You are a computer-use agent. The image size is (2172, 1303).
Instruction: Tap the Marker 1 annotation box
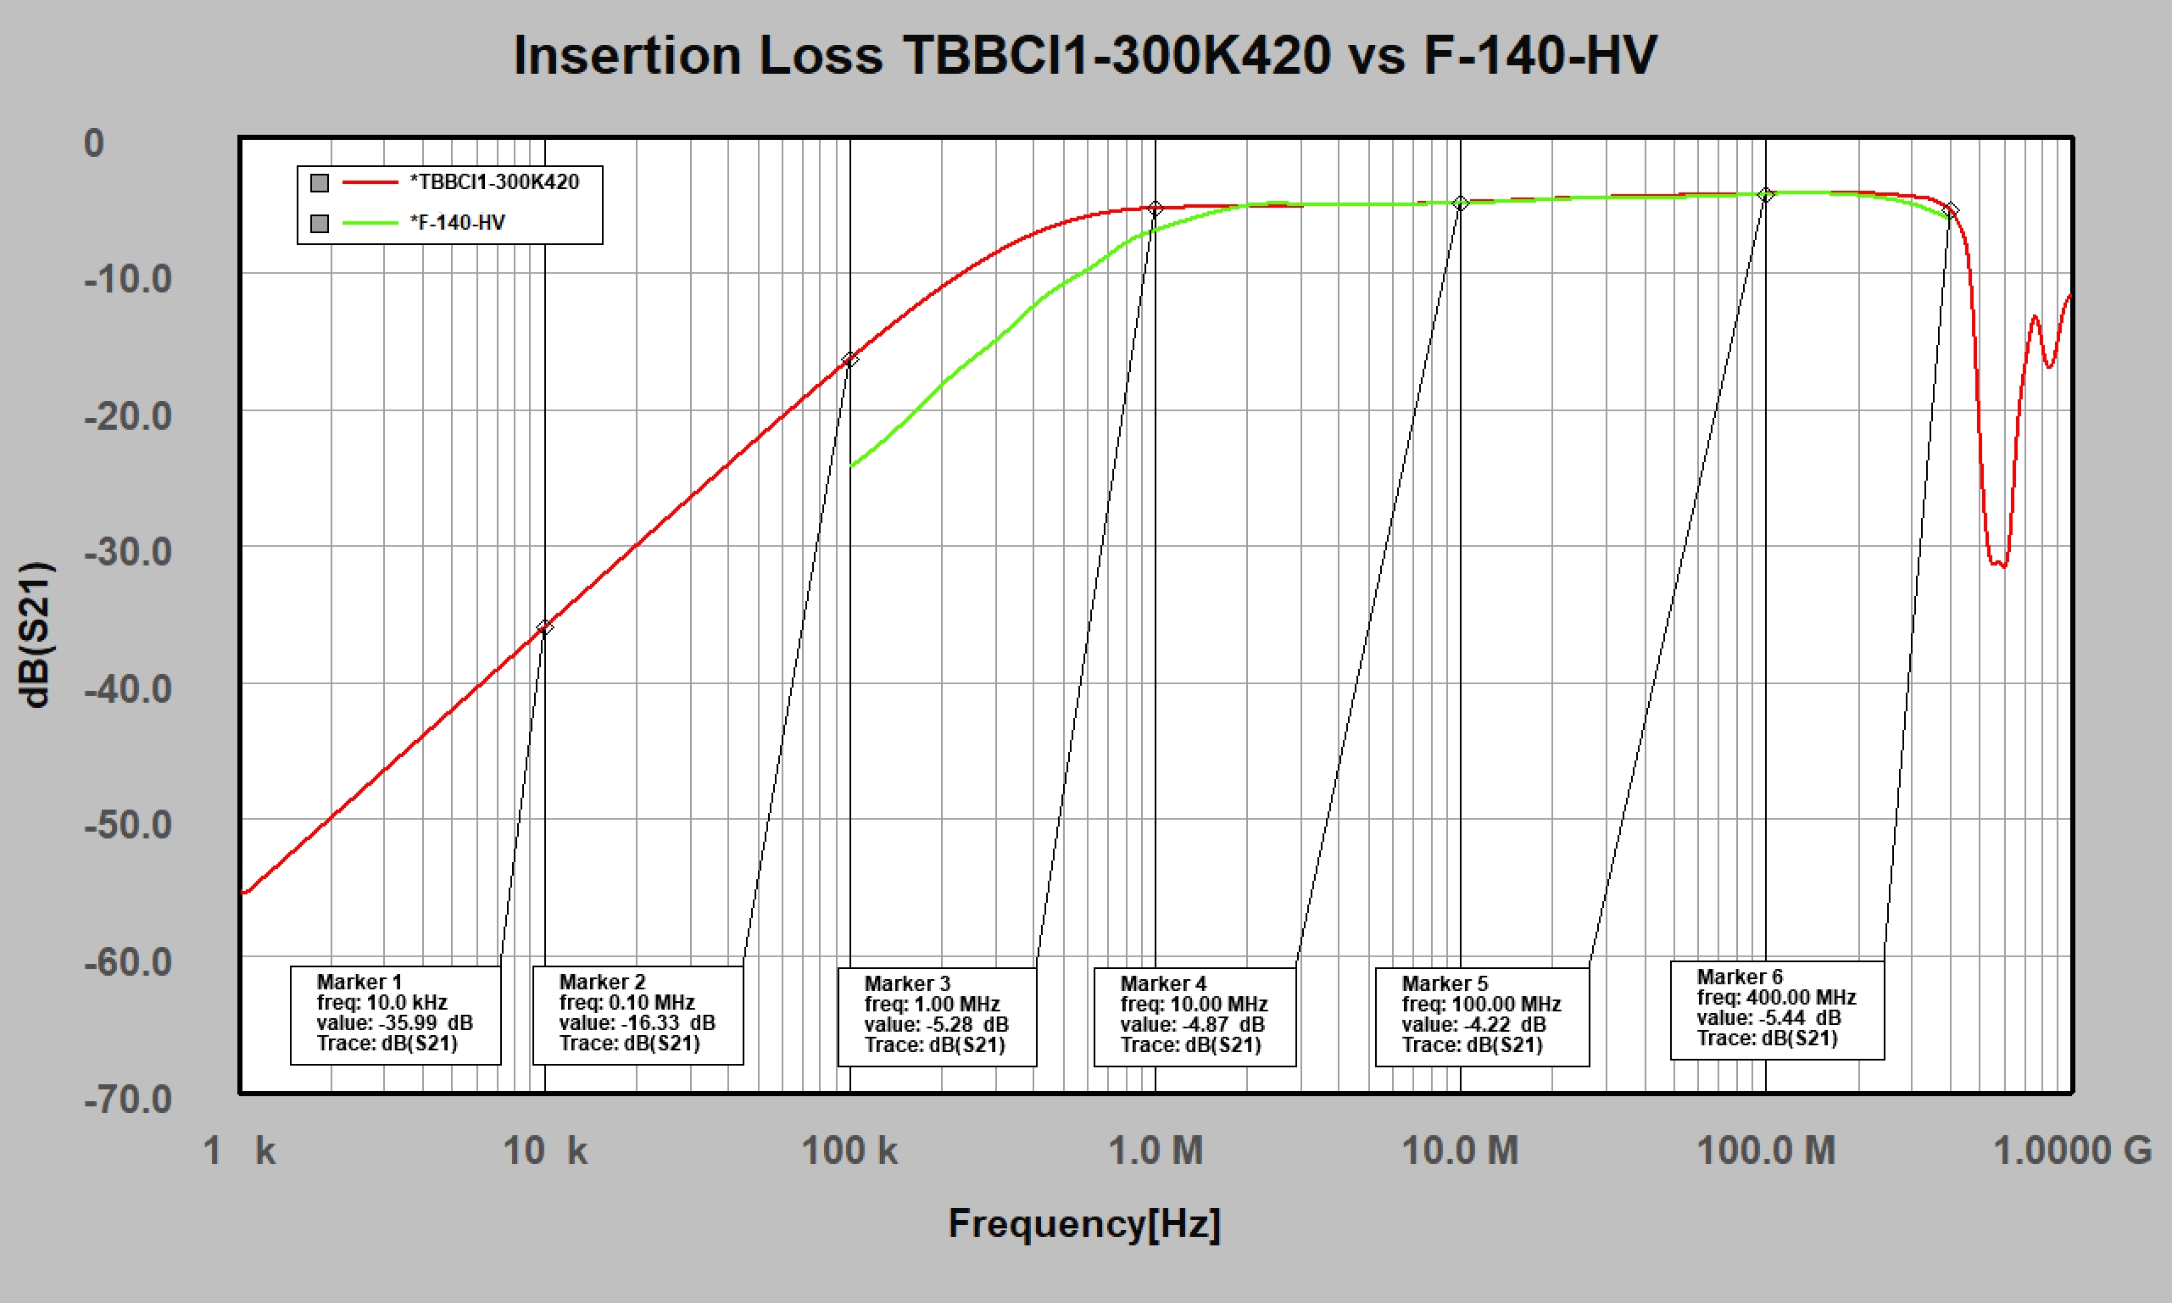tap(395, 1015)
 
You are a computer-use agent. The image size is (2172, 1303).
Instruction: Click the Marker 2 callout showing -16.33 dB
tap(638, 1015)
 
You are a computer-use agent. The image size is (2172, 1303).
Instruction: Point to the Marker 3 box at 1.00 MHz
tap(937, 1016)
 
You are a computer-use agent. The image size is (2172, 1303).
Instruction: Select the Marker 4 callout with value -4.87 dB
tap(1194, 1016)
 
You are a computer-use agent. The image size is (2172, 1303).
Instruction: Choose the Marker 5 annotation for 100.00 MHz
tap(1482, 1016)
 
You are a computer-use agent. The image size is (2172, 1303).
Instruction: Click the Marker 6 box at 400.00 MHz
tap(1777, 1010)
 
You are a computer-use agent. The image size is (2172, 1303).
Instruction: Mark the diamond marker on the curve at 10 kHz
tap(544, 627)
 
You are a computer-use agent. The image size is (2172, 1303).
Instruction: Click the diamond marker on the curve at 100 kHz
tap(849, 359)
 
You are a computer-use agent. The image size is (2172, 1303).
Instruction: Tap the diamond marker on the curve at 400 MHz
tap(1950, 211)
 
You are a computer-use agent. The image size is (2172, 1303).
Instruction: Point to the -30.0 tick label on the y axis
tap(128, 552)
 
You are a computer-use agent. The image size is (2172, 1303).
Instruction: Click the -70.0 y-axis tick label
tap(128, 1100)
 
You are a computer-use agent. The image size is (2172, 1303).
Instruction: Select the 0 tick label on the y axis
tap(94, 143)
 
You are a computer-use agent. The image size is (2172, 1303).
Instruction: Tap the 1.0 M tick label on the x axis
tap(1156, 1150)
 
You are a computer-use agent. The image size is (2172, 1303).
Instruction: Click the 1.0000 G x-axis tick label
tap(2072, 1150)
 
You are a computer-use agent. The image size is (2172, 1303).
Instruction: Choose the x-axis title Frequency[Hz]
tap(1084, 1223)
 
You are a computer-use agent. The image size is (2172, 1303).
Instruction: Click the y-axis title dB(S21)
tap(36, 634)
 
